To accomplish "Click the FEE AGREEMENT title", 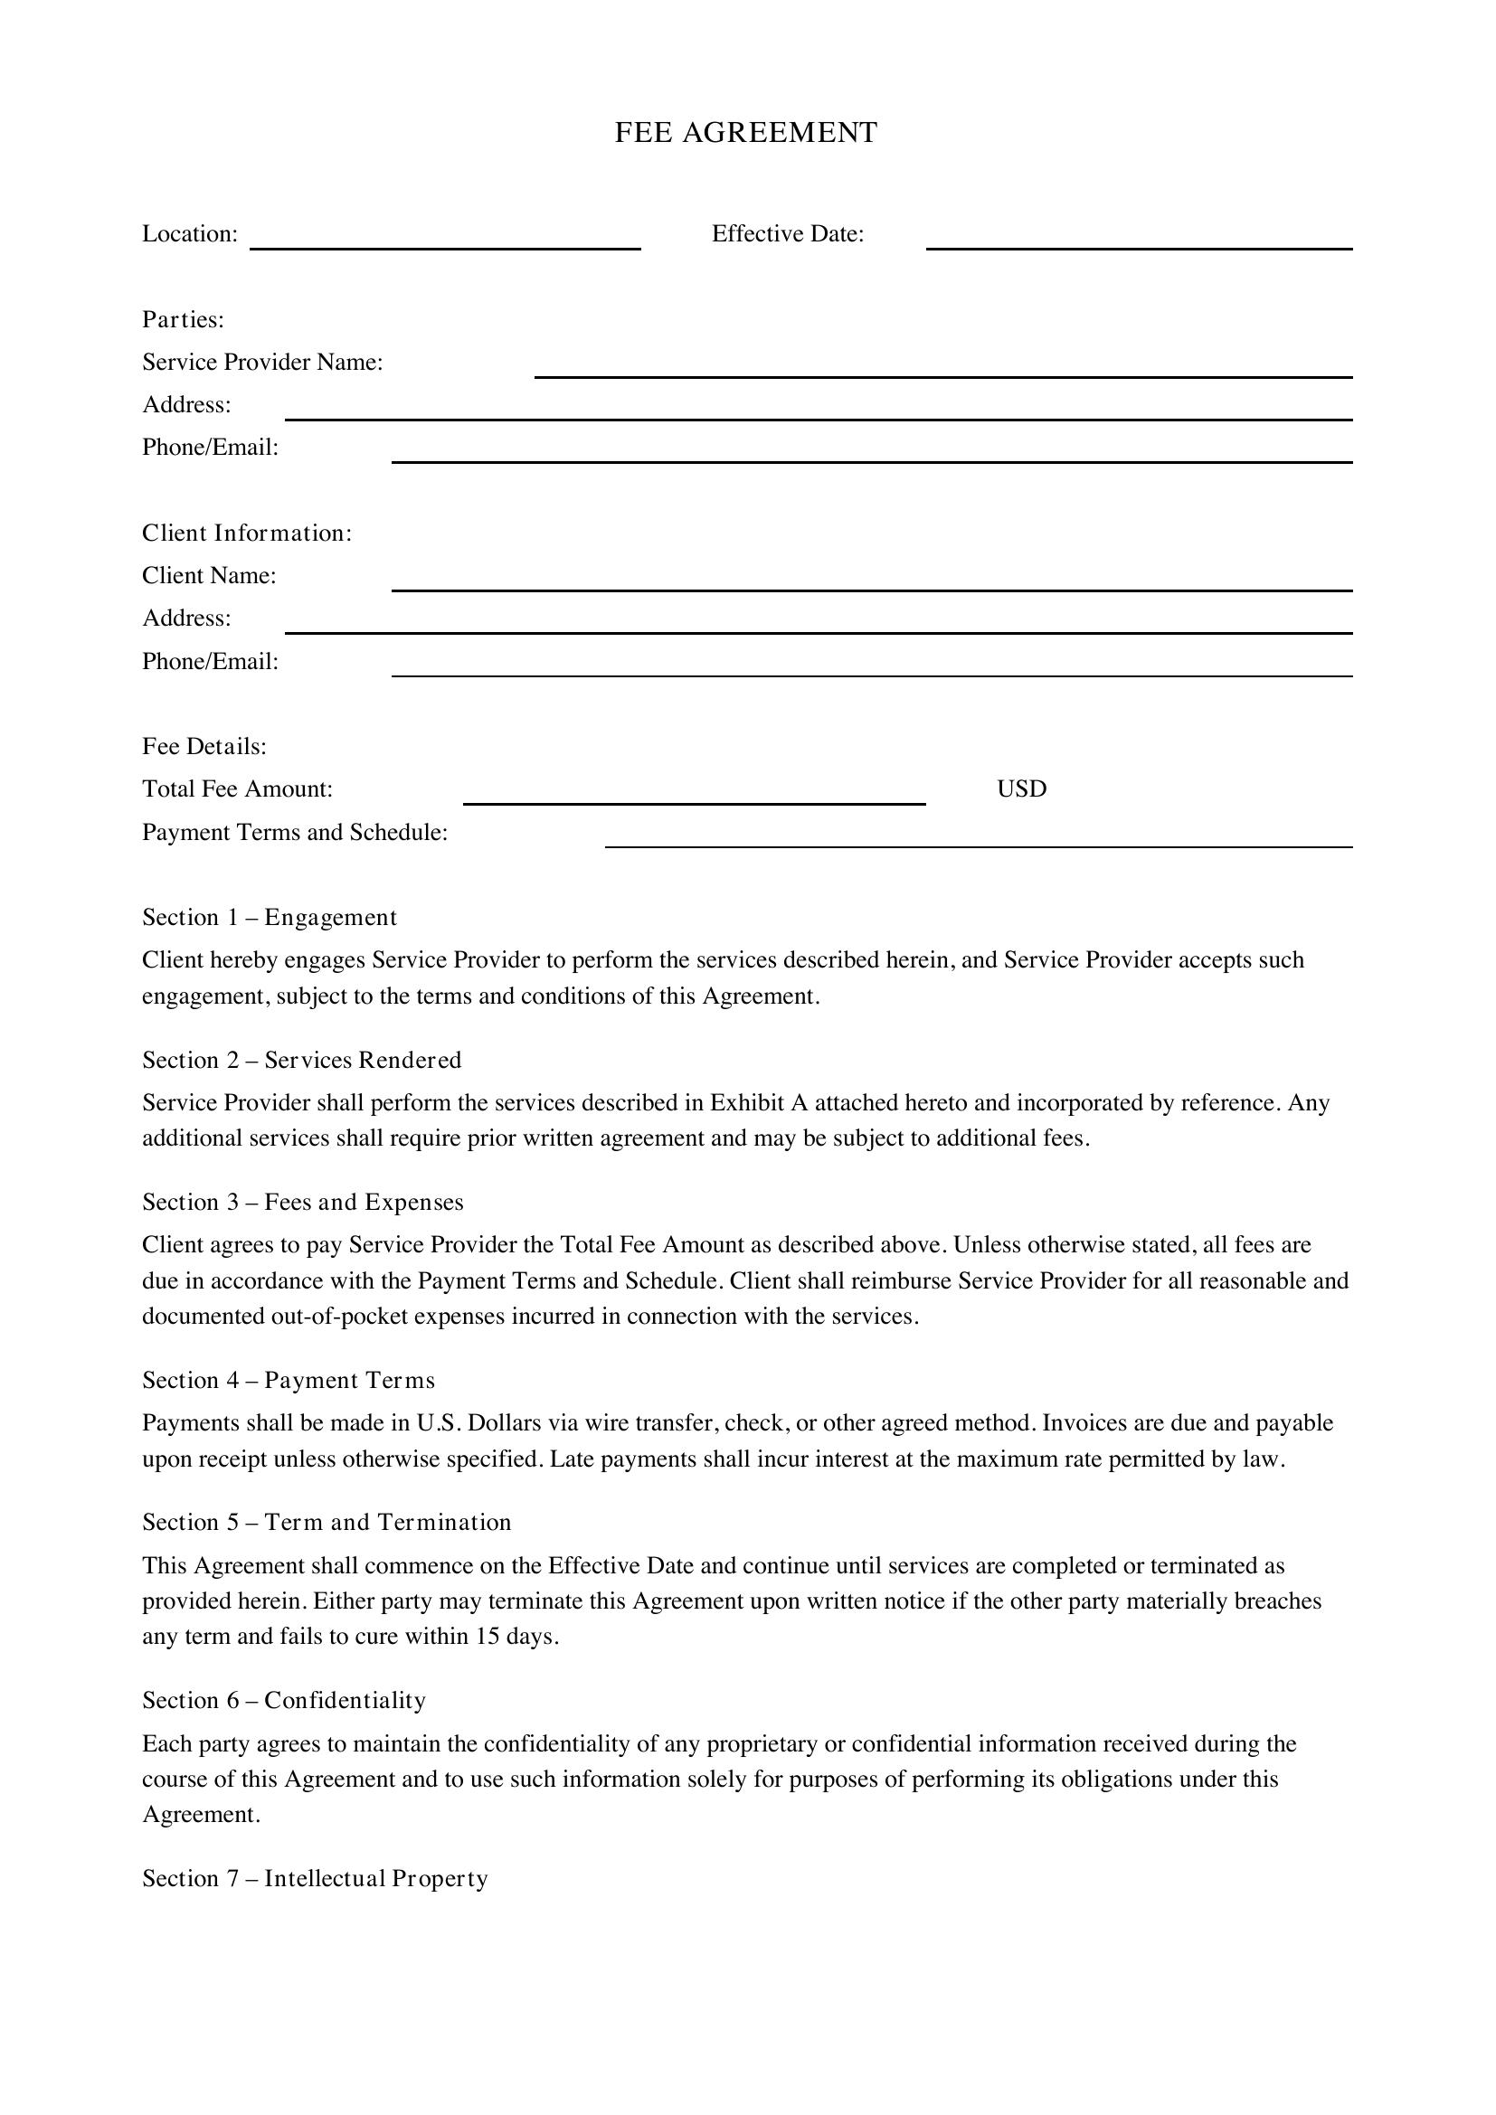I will [745, 133].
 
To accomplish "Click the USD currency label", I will [1021, 789].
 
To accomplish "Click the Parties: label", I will [184, 319].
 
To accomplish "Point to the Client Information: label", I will [247, 533].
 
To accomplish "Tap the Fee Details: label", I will [204, 746].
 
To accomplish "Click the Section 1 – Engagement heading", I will [269, 918].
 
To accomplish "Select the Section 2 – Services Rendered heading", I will [301, 1061].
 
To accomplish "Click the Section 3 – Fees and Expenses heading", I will [302, 1202].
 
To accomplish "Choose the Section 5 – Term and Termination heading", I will [327, 1523].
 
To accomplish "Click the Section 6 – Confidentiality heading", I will [284, 1701].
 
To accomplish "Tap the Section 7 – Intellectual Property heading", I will [314, 1878].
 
